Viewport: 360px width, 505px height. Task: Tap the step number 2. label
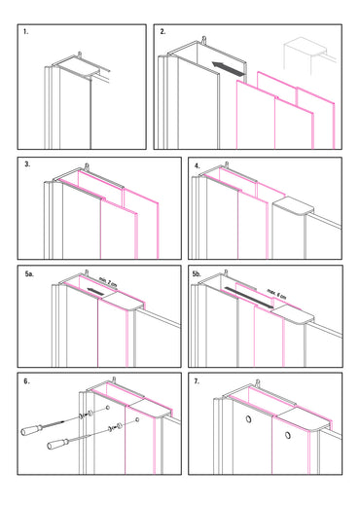coord(163,33)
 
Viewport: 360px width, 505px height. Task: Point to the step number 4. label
coord(198,165)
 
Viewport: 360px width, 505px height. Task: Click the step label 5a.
coord(29,275)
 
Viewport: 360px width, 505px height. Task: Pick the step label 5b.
coord(200,275)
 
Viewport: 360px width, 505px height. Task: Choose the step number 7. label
coord(198,381)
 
